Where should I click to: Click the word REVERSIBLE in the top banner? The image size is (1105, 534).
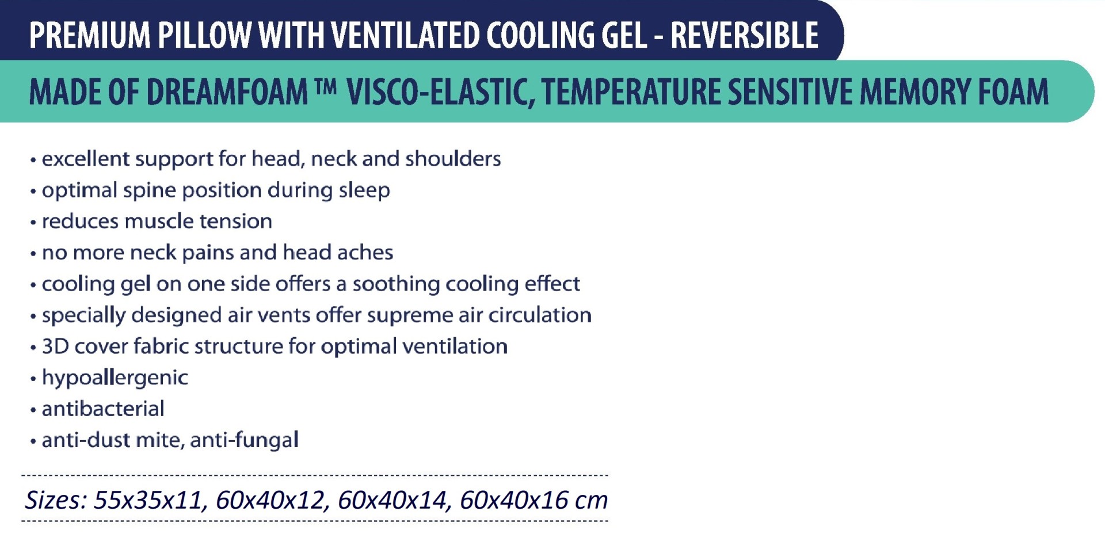click(x=745, y=35)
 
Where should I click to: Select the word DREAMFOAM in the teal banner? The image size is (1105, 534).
click(x=227, y=91)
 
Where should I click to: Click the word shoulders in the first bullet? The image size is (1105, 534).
click(x=453, y=159)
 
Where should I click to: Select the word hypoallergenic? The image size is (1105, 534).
click(x=115, y=378)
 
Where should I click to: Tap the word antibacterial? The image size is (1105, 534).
click(x=103, y=409)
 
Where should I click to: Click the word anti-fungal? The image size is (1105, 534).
click(x=244, y=440)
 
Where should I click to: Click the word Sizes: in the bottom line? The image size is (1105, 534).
click(x=55, y=500)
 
